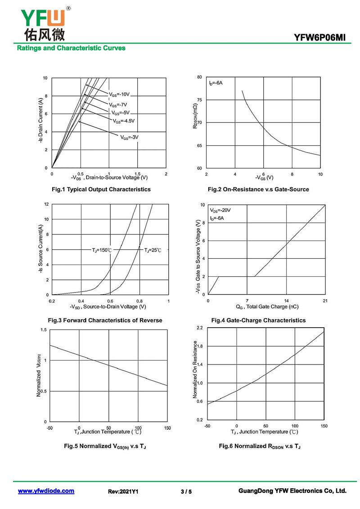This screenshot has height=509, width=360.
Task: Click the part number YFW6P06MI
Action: [x=320, y=37]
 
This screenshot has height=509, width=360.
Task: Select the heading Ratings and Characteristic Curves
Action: [x=71, y=48]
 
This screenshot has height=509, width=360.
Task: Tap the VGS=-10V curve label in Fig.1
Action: [x=119, y=95]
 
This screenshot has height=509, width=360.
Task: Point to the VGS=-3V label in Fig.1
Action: [x=129, y=137]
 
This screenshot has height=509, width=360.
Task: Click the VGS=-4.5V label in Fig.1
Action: [x=124, y=121]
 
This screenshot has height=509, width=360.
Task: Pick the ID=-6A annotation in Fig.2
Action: [x=216, y=83]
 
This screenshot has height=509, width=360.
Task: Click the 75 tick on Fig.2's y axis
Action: [x=199, y=100]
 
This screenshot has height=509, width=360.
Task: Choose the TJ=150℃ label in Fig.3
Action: [x=102, y=250]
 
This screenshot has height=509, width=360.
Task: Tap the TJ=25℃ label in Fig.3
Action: [x=153, y=250]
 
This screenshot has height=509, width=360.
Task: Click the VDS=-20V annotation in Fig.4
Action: [x=220, y=210]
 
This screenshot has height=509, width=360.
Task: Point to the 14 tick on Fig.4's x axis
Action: [x=286, y=301]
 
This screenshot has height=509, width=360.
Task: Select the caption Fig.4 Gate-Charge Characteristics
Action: [x=258, y=320]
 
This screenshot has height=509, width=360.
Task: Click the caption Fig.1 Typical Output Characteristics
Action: [x=101, y=189]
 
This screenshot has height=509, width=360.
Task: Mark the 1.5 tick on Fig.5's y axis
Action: [x=44, y=330]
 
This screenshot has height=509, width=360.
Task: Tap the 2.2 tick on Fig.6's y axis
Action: [x=200, y=328]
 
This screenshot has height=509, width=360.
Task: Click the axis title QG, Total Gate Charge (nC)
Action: [x=267, y=307]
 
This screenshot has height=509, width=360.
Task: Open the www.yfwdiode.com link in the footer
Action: [x=46, y=491]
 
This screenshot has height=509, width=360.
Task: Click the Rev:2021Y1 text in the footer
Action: [x=123, y=491]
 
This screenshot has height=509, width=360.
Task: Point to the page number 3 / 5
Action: [x=186, y=491]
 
